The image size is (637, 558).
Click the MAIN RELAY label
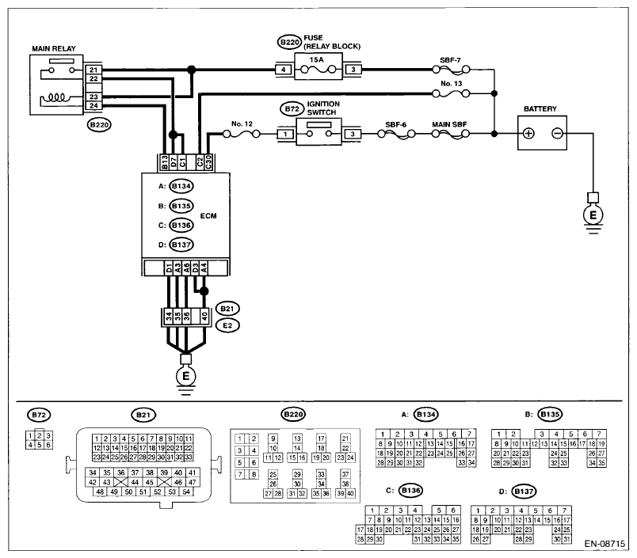54,49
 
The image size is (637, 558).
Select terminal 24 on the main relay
93,106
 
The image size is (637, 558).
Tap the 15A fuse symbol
318,70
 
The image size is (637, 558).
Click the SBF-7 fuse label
450,60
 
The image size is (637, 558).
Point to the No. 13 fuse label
452,84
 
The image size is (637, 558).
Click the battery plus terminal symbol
528,133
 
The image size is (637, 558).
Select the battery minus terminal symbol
558,133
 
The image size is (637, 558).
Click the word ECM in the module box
208,216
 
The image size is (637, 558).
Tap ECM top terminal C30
208,162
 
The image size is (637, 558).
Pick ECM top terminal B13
165,162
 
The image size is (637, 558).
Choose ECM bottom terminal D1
169,268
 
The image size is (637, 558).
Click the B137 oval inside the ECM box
181,245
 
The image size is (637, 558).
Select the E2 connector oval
227,325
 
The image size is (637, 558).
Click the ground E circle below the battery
593,215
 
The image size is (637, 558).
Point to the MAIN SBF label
449,124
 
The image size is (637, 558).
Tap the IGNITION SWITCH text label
323,108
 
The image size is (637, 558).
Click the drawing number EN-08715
605,544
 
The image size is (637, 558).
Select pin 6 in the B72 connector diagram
48,445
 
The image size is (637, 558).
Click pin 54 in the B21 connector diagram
186,492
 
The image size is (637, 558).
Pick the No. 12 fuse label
242,123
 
